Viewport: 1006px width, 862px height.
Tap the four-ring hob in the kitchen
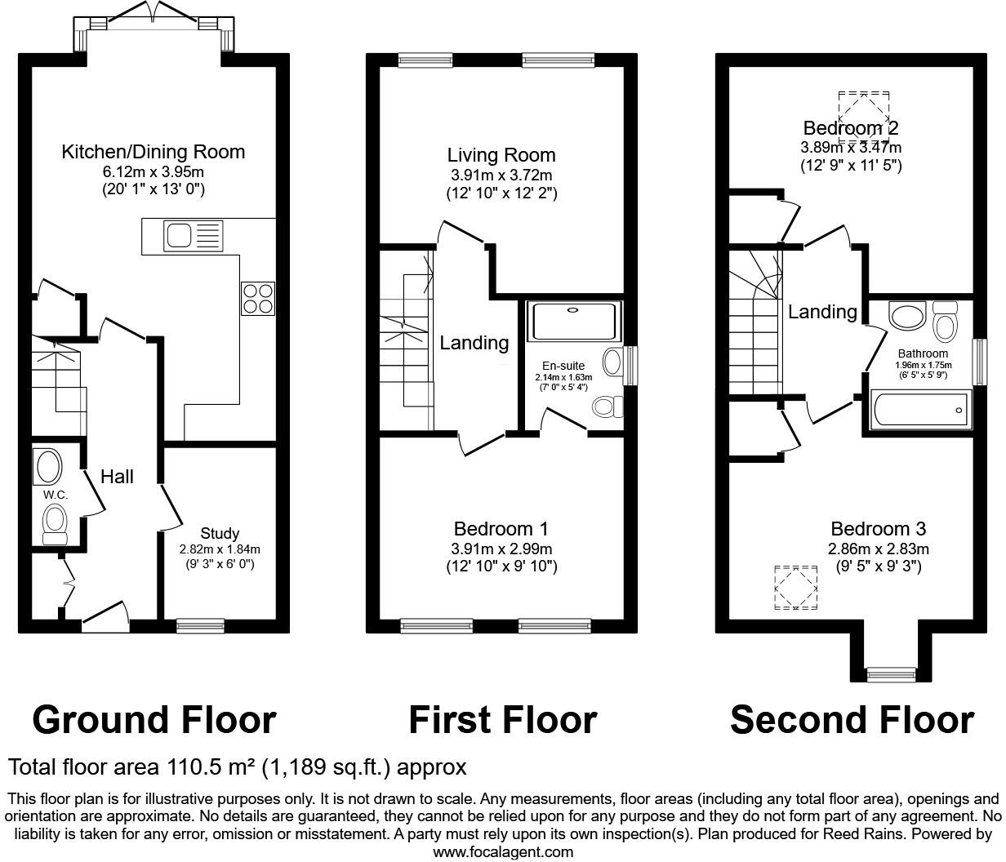pos(257,298)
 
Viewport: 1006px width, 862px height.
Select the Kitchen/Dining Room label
pos(154,152)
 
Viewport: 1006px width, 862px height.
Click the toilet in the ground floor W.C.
pos(55,522)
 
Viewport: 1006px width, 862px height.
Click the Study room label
pos(220,534)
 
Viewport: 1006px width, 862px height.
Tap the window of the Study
pos(201,626)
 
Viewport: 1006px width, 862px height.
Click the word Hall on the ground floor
pos(117,477)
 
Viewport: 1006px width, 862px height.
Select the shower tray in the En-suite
pos(575,322)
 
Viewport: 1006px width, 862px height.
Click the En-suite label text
pos(563,366)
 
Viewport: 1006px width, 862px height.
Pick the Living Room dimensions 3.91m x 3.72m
pos(501,176)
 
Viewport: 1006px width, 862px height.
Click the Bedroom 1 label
pos(501,529)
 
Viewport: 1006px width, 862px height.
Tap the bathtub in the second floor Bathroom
pos(921,408)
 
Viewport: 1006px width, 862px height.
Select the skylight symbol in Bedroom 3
pos(795,588)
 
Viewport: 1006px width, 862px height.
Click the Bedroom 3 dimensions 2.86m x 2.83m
pos(879,549)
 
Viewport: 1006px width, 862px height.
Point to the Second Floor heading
pos(852,720)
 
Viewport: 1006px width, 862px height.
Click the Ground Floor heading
pos(154,720)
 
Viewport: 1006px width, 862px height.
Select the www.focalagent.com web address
pos(502,852)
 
